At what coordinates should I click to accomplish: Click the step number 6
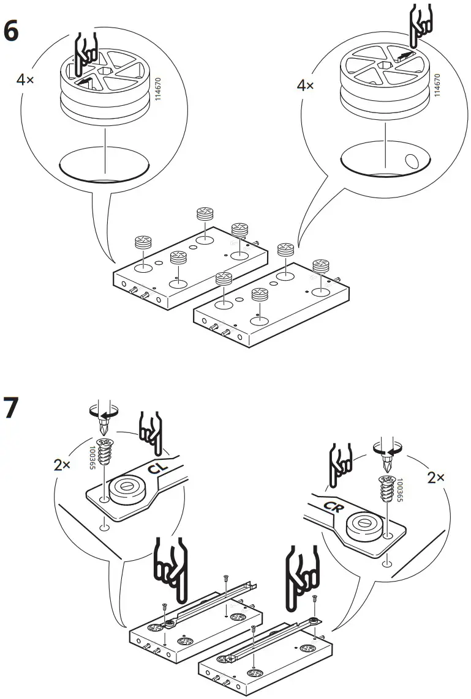click(x=11, y=32)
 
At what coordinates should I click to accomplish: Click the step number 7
click(x=12, y=409)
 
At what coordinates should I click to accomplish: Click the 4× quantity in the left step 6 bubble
click(x=25, y=80)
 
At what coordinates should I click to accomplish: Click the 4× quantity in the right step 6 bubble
click(x=305, y=85)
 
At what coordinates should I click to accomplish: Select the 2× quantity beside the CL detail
click(x=62, y=465)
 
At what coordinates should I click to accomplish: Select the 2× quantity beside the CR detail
click(x=436, y=478)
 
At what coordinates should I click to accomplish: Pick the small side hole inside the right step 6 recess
click(x=411, y=161)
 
